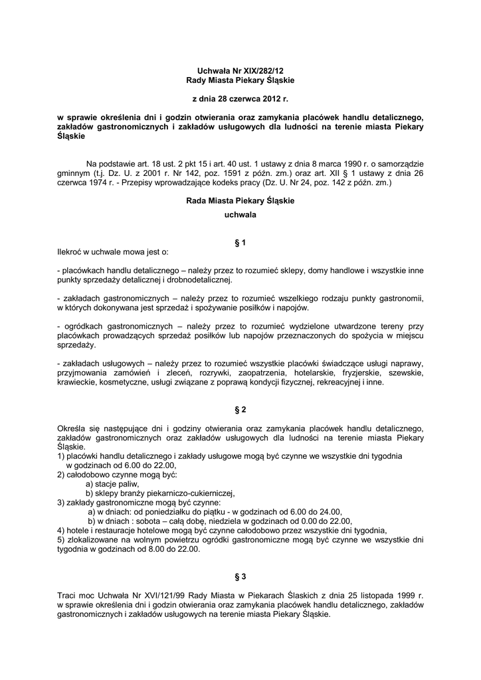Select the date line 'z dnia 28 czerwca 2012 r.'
point(240,98)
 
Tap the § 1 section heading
point(241,243)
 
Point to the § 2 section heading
point(241,410)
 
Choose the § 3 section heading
point(241,575)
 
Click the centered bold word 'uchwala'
point(240,214)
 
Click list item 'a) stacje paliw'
point(112,484)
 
